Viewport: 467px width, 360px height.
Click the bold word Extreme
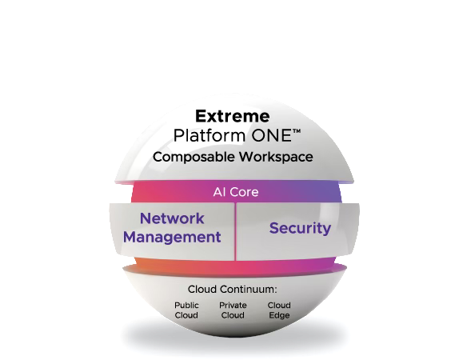click(x=233, y=116)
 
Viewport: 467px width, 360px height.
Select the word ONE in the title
click(x=271, y=135)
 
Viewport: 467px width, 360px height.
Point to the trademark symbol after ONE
click(x=297, y=131)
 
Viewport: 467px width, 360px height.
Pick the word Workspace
click(x=276, y=157)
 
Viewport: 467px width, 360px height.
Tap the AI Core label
click(x=236, y=192)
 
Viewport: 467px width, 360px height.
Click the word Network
click(x=172, y=218)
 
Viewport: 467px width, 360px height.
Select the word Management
click(x=172, y=238)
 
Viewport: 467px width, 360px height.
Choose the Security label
click(x=300, y=228)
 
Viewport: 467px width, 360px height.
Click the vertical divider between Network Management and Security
click(x=235, y=232)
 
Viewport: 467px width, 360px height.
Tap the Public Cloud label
click(x=186, y=310)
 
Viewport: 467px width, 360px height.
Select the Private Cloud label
click(x=233, y=310)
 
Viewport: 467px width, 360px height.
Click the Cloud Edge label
click(x=279, y=310)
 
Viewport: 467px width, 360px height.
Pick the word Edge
click(x=279, y=315)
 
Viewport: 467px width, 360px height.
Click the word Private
click(x=233, y=305)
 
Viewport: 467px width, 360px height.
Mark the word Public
click(x=186, y=306)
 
